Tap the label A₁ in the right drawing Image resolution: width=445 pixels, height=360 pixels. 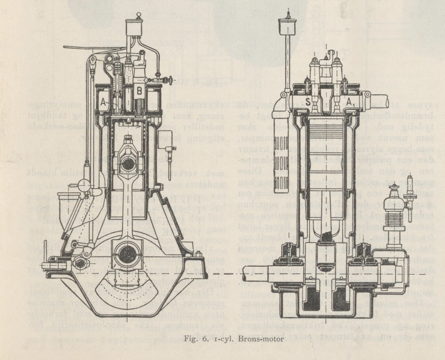(349, 103)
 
